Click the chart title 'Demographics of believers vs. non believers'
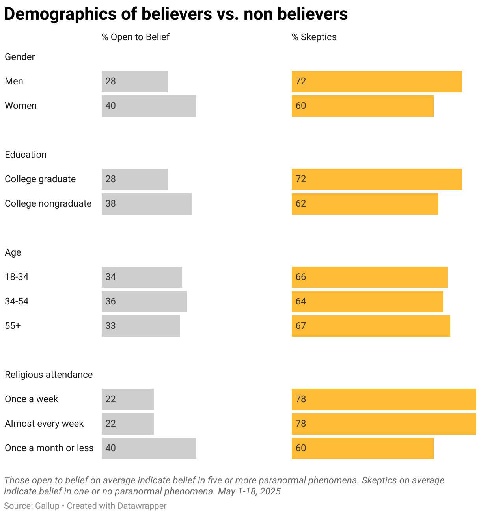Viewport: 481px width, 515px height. (176, 14)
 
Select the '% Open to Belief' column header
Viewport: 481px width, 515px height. (135, 37)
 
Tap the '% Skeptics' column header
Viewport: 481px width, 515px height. (314, 37)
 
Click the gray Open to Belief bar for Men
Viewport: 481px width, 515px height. (135, 82)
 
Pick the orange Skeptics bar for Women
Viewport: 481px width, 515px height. (362, 106)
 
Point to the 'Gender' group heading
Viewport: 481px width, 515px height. (20, 57)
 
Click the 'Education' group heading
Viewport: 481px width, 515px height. (26, 155)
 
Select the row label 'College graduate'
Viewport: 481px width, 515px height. (40, 179)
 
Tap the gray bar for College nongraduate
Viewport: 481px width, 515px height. (147, 204)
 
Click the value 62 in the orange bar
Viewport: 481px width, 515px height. (301, 204)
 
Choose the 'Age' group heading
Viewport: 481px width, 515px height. (13, 252)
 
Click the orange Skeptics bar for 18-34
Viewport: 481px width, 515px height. (369, 277)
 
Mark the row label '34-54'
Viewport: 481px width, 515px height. (17, 302)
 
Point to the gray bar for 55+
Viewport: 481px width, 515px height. (141, 326)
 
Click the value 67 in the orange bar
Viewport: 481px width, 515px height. (301, 326)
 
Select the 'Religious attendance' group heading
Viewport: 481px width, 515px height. (49, 375)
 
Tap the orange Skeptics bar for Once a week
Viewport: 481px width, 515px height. (384, 399)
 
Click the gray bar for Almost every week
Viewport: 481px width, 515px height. (128, 424)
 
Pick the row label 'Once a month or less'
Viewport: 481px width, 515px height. (49, 448)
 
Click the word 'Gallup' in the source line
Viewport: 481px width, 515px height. (47, 506)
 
